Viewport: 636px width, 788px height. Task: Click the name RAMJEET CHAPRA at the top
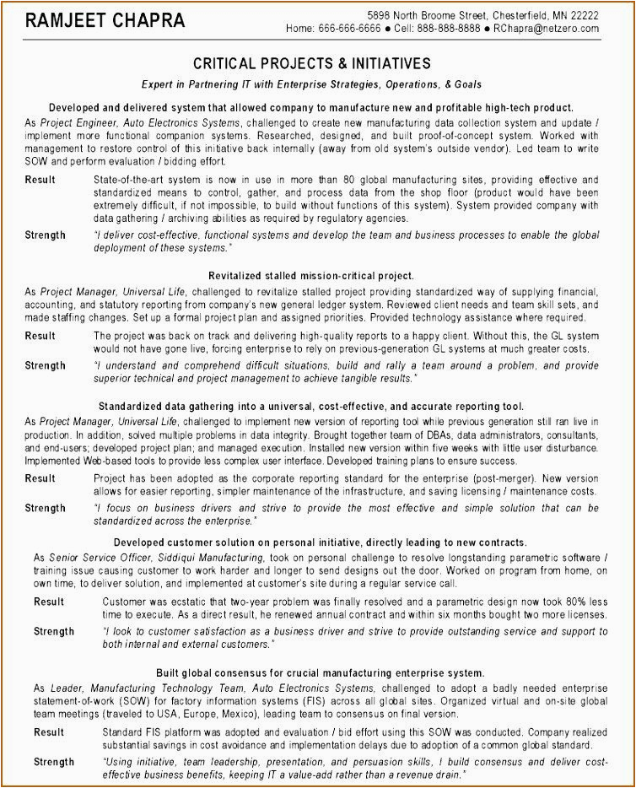point(94,20)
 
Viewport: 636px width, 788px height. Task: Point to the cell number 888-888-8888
point(447,29)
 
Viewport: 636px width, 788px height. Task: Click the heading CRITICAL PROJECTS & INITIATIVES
point(312,63)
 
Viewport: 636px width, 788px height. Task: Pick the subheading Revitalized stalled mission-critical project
point(311,276)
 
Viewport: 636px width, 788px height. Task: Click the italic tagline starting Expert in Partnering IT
point(311,84)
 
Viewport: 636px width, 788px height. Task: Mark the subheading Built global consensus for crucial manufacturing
point(320,672)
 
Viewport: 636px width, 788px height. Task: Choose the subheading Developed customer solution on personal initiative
point(320,542)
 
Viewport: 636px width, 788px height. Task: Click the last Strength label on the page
point(54,762)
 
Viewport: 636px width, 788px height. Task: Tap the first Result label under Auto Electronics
point(40,180)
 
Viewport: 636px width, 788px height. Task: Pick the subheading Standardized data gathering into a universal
point(311,406)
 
